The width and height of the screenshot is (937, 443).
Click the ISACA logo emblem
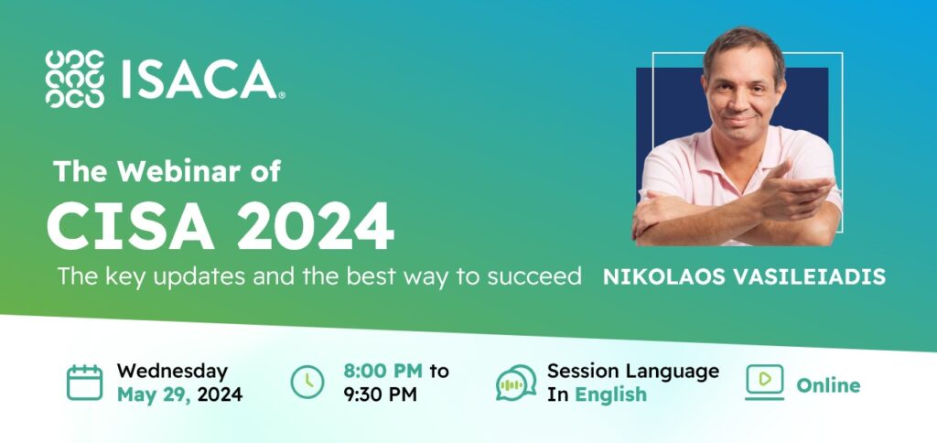click(74, 80)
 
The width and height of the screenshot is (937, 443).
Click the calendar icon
click(85, 382)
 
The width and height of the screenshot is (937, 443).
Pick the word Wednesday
click(172, 371)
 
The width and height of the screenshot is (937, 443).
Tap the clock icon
click(307, 382)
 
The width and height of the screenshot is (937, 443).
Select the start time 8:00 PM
click(382, 371)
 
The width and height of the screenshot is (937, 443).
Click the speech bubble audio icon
click(516, 383)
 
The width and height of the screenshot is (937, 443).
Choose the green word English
click(610, 394)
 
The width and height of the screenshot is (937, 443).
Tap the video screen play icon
click(765, 382)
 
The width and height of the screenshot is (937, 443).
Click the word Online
click(828, 384)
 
